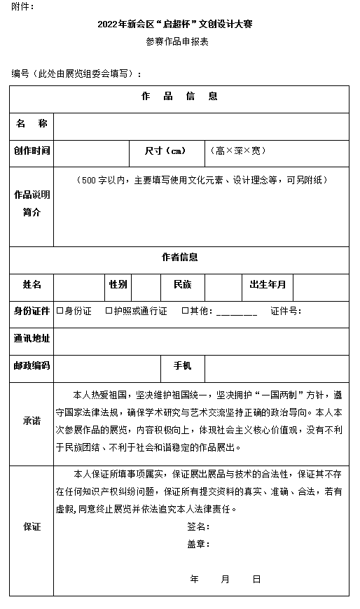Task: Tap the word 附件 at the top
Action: click(x=21, y=7)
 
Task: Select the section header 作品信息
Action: click(x=179, y=97)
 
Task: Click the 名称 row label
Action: click(x=32, y=124)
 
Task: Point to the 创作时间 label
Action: click(x=32, y=150)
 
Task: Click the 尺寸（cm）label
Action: click(x=165, y=150)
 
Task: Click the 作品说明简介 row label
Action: click(x=32, y=204)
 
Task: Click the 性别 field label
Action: click(x=118, y=284)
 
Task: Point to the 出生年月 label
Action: click(x=268, y=284)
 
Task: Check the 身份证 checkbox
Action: click(x=60, y=311)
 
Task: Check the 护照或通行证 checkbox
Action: click(x=109, y=311)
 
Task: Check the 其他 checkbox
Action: click(x=185, y=311)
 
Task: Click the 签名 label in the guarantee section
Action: click(x=198, y=526)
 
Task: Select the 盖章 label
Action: click(x=198, y=544)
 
